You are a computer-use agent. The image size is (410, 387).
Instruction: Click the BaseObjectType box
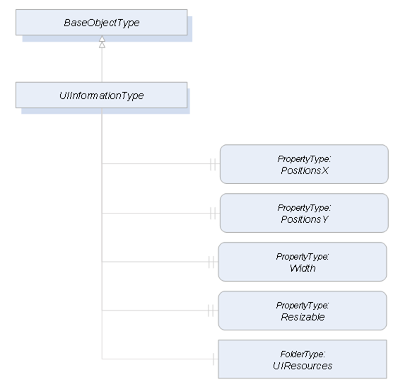(x=102, y=23)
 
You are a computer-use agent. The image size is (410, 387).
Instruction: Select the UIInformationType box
(x=102, y=96)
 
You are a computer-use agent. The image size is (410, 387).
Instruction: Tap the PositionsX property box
(x=304, y=164)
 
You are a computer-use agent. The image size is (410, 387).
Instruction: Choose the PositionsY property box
(x=304, y=213)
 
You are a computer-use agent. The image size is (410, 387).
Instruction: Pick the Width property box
(x=303, y=262)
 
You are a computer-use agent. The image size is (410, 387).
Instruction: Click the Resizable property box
(x=303, y=311)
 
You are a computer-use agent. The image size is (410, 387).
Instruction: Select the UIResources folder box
(x=303, y=359)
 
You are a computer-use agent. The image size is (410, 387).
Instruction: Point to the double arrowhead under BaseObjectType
(x=102, y=42)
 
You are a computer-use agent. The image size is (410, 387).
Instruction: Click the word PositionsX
(x=305, y=171)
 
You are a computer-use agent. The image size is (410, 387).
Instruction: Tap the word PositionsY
(x=305, y=219)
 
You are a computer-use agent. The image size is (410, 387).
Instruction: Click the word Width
(x=303, y=268)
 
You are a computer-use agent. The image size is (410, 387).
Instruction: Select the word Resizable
(x=303, y=317)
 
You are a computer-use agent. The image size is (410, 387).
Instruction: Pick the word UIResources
(x=303, y=366)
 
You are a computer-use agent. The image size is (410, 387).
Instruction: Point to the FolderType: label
(x=303, y=354)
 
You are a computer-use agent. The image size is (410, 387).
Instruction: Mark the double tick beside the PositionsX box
(x=213, y=164)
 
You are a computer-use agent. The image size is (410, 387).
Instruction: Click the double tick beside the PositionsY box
(x=213, y=213)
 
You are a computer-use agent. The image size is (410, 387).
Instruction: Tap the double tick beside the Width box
(x=211, y=262)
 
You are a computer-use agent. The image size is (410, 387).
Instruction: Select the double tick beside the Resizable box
(x=211, y=311)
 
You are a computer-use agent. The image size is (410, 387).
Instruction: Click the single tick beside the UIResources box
(x=213, y=359)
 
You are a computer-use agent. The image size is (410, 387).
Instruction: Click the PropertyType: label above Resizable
(x=303, y=306)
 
